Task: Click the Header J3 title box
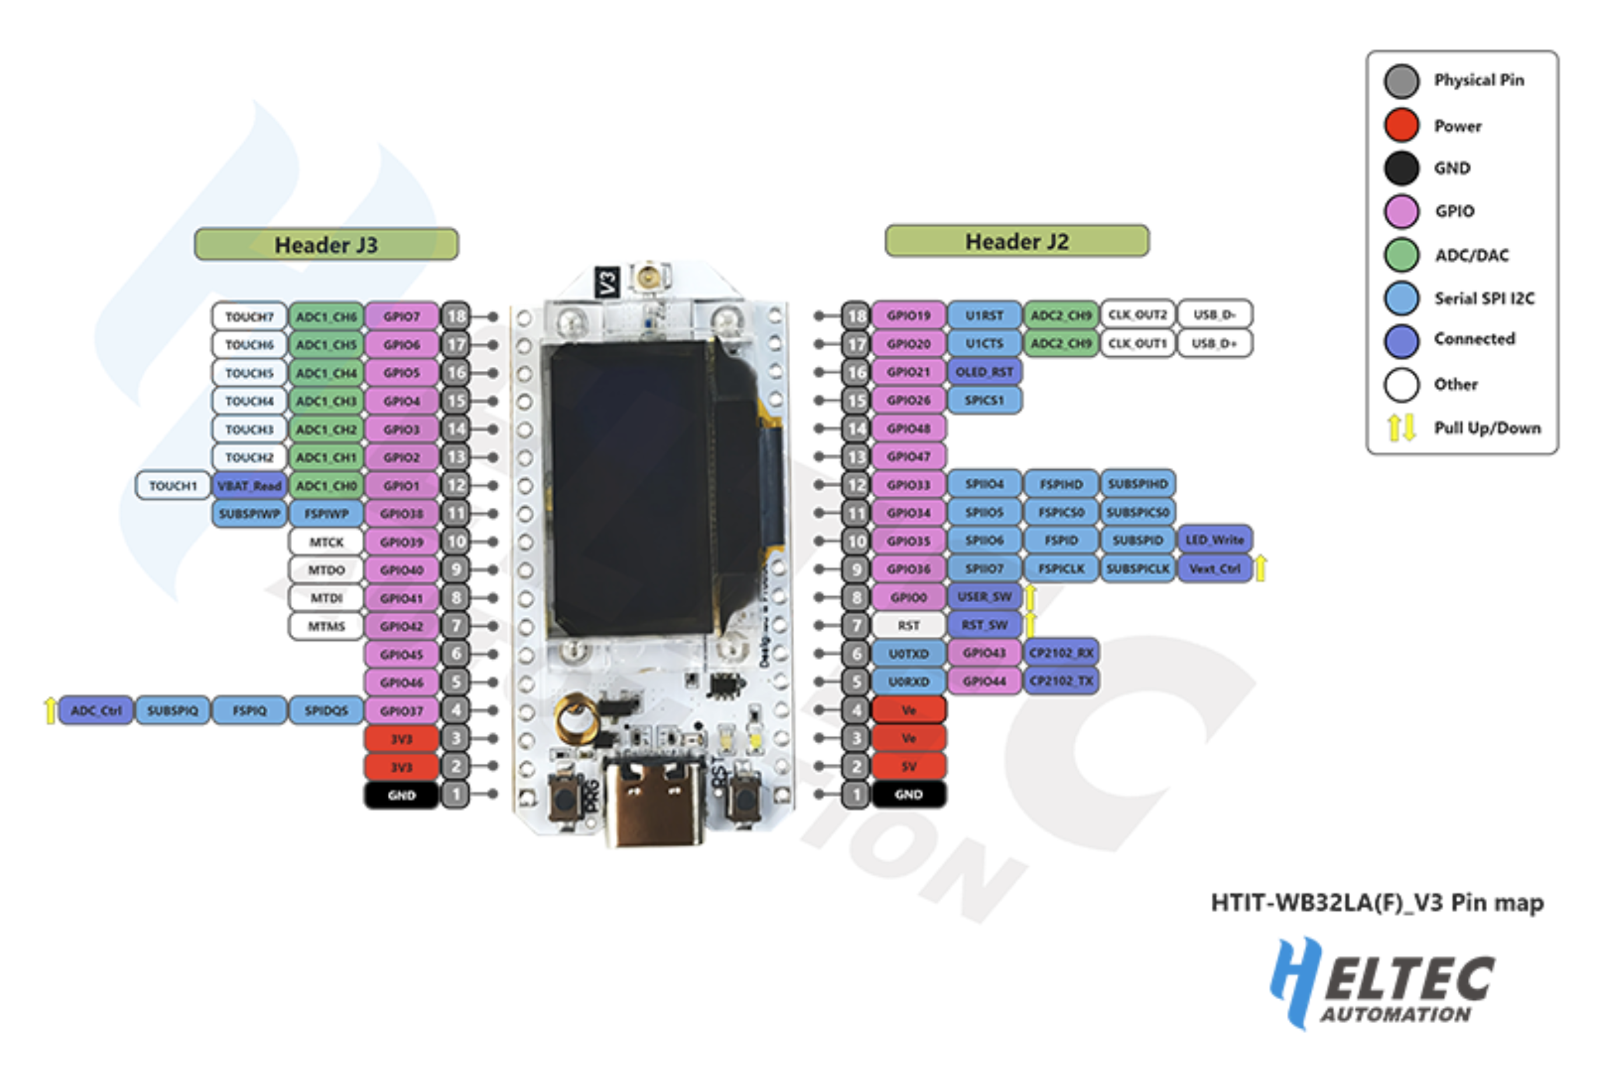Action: pyautogui.click(x=326, y=245)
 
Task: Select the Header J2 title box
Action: pyautogui.click(x=1016, y=241)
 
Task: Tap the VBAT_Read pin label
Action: pyautogui.click(x=250, y=486)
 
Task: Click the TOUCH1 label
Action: pyautogui.click(x=173, y=486)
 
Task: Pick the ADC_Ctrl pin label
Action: pyautogui.click(x=96, y=710)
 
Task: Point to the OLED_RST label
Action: pyautogui.click(x=984, y=371)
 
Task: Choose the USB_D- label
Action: pyautogui.click(x=1215, y=315)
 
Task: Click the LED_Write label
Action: pyautogui.click(x=1215, y=540)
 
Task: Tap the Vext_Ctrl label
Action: pyautogui.click(x=1215, y=568)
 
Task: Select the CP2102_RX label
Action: pyautogui.click(x=1061, y=653)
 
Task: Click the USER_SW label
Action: pyautogui.click(x=984, y=596)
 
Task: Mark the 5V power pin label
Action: pyautogui.click(x=909, y=767)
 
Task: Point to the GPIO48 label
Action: pyautogui.click(x=909, y=428)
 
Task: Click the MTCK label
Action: pyautogui.click(x=326, y=542)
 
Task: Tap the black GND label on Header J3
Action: pyautogui.click(x=401, y=795)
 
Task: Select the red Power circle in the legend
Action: pyautogui.click(x=1401, y=125)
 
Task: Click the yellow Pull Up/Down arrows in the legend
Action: pyautogui.click(x=1401, y=428)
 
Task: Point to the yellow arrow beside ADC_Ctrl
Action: pyautogui.click(x=50, y=710)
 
